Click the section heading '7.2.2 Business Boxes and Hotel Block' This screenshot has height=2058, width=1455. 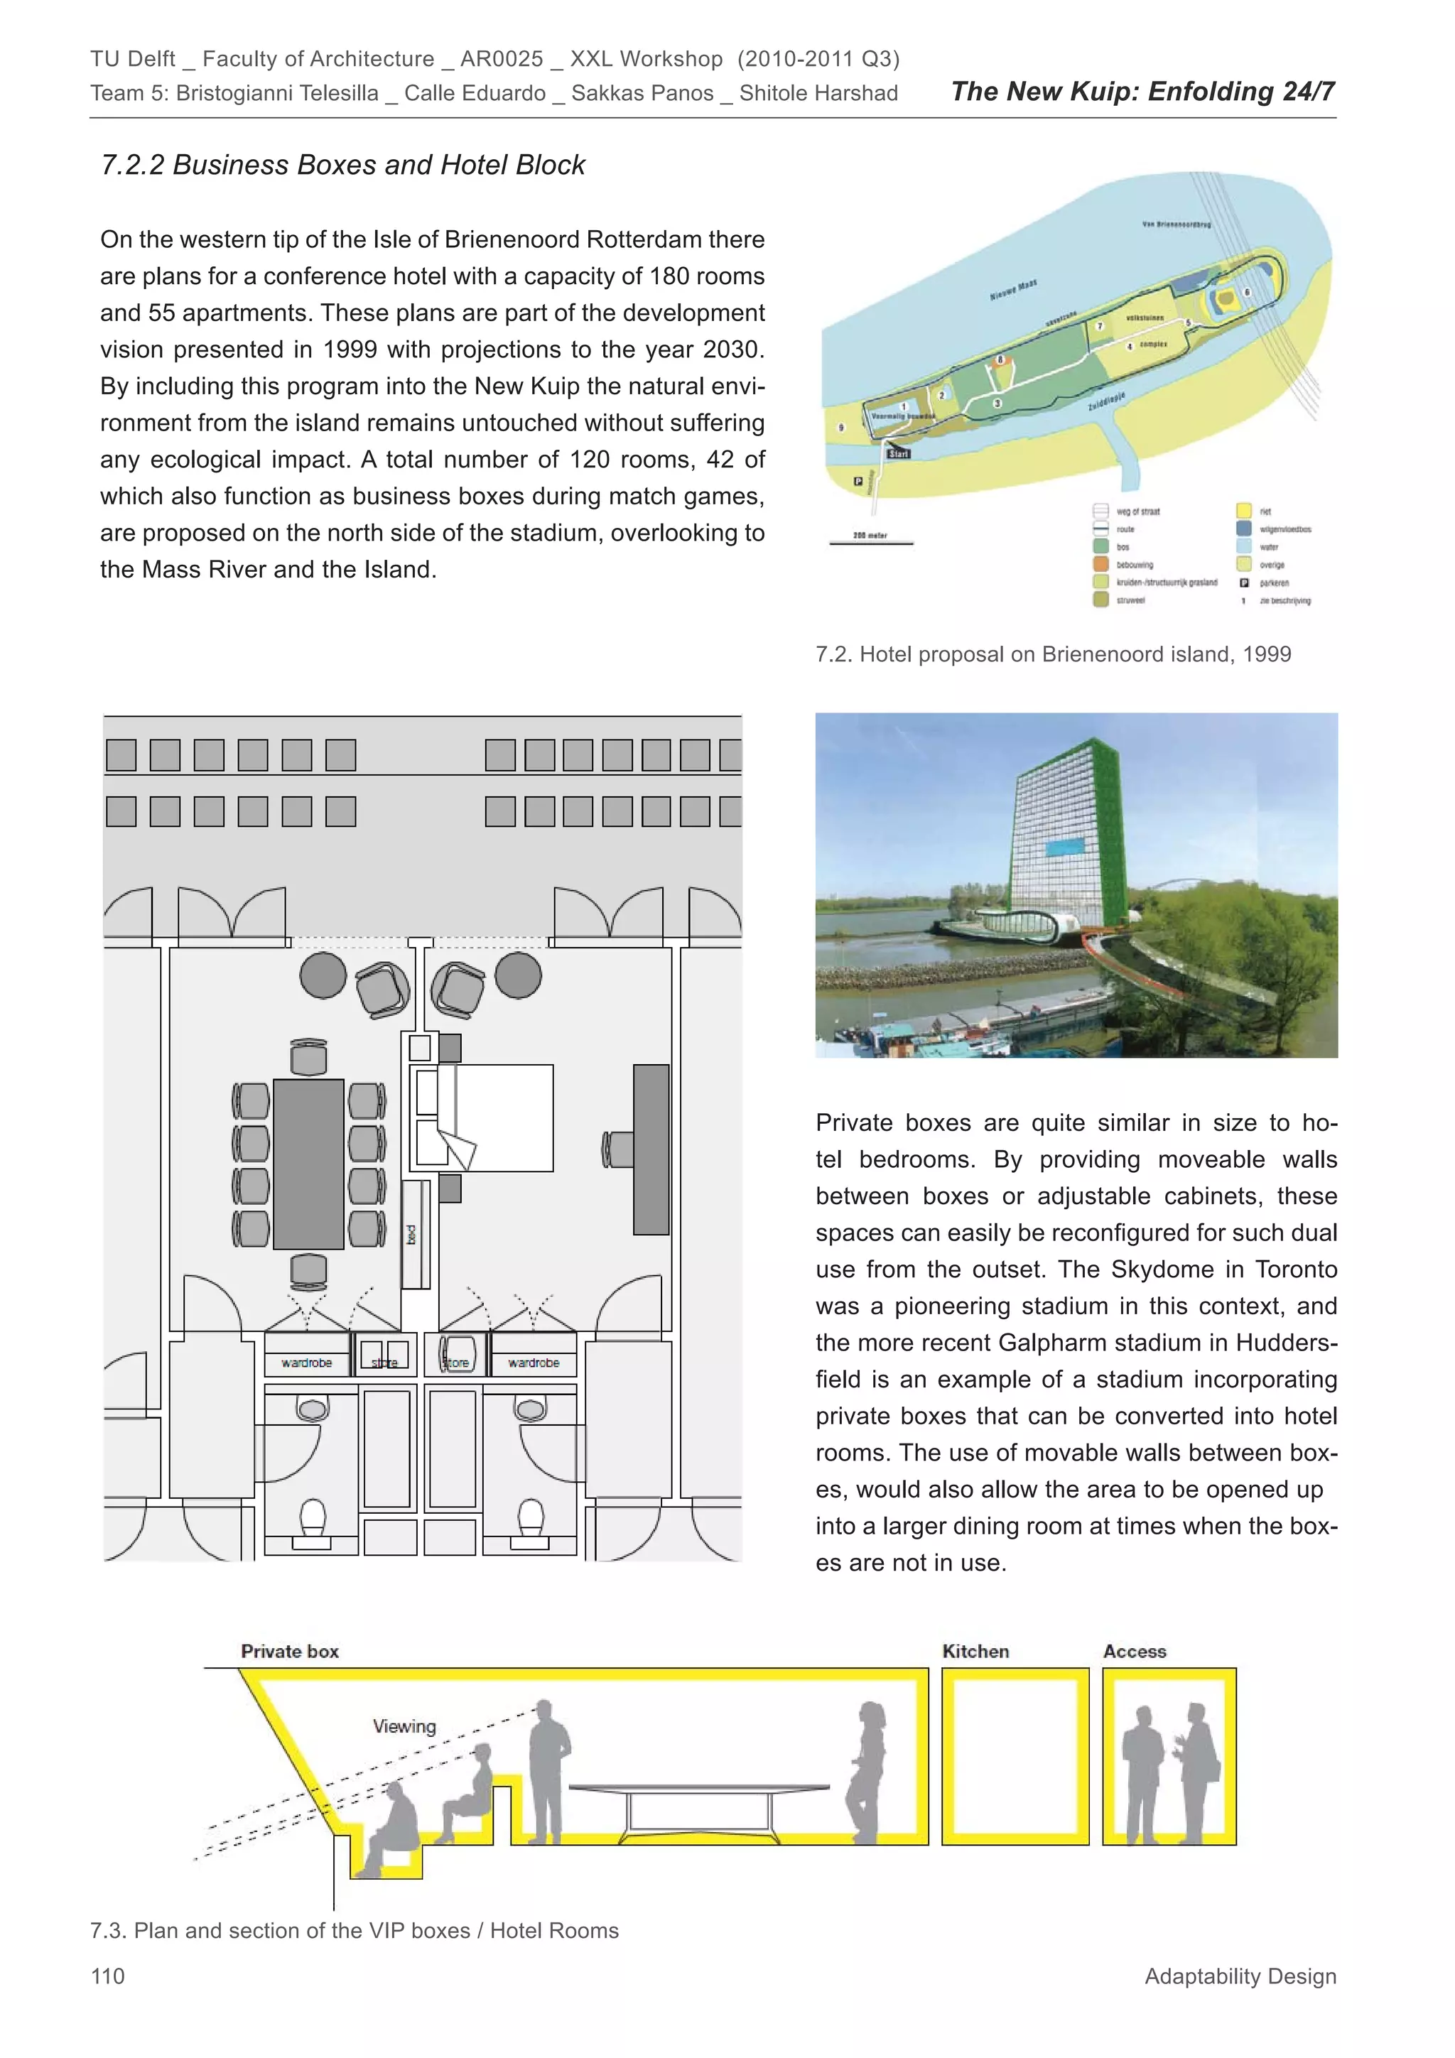click(342, 165)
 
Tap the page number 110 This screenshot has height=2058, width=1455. click(107, 1976)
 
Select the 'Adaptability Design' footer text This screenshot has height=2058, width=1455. click(1240, 1976)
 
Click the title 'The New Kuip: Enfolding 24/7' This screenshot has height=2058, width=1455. click(1142, 92)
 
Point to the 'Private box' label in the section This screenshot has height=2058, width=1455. click(290, 1651)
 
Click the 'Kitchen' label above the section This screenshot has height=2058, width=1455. click(975, 1651)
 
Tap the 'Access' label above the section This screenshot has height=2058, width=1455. click(1134, 1651)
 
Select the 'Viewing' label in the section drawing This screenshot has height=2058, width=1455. click(404, 1726)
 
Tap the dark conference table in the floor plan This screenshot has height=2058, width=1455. click(308, 1164)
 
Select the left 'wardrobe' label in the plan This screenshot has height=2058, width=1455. click(307, 1363)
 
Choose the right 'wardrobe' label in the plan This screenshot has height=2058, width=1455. click(534, 1363)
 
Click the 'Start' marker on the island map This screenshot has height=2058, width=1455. click(898, 453)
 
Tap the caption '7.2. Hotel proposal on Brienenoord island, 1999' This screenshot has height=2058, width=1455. click(1054, 654)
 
